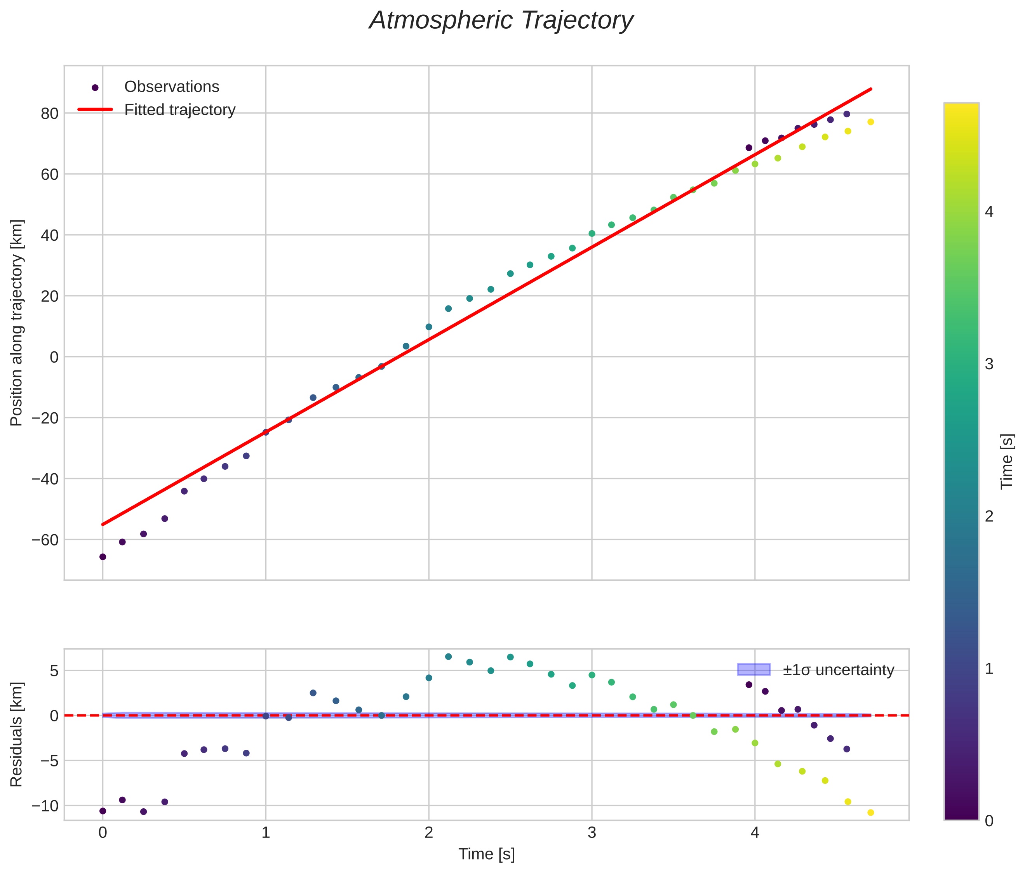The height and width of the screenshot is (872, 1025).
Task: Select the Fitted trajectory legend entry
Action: (179, 110)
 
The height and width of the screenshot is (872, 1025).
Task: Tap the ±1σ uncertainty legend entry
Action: (838, 670)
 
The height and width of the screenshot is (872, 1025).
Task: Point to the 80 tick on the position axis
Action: (49, 113)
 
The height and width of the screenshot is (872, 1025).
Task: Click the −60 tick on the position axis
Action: (45, 540)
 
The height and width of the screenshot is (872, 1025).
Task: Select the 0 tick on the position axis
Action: (54, 357)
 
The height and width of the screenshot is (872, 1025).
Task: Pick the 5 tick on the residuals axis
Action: (54, 671)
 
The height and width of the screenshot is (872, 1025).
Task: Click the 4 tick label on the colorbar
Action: (989, 212)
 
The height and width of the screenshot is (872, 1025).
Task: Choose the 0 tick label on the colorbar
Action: (989, 821)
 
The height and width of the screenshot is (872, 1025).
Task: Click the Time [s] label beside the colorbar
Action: (1007, 461)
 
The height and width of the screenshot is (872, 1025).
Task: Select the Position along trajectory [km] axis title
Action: (16, 322)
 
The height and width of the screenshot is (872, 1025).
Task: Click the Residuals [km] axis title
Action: (16, 734)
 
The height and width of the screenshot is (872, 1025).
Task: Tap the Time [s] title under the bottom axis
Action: (487, 854)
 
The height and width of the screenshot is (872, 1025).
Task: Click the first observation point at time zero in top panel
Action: (103, 557)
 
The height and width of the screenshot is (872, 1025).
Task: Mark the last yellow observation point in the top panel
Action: (870, 122)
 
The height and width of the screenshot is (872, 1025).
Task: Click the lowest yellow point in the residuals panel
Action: (870, 813)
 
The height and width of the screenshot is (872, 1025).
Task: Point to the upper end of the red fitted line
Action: (871, 89)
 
